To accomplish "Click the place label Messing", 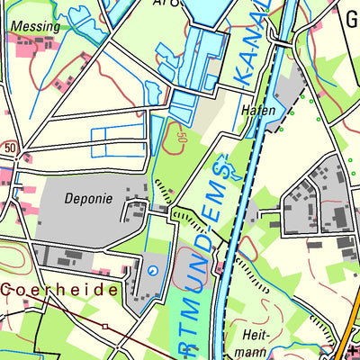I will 36,27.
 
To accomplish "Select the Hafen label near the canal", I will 258,110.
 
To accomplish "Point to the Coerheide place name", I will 59,290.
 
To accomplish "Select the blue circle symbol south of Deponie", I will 152,269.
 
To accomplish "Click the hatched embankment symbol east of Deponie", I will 162,192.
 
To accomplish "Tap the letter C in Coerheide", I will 7,290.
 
